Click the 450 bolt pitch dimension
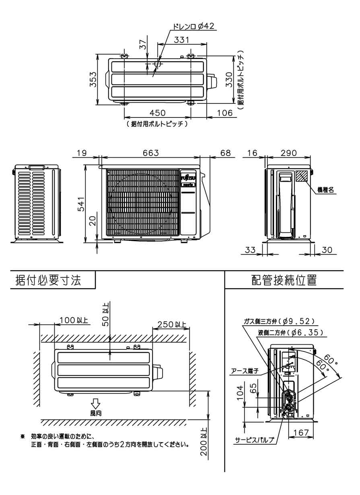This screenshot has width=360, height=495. pos(156,113)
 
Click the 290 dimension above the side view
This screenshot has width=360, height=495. pos(288,153)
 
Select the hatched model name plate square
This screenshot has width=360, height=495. pos(302,176)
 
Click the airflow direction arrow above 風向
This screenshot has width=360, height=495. pos(95,403)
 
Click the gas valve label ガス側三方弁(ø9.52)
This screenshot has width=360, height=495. pos(278,321)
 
